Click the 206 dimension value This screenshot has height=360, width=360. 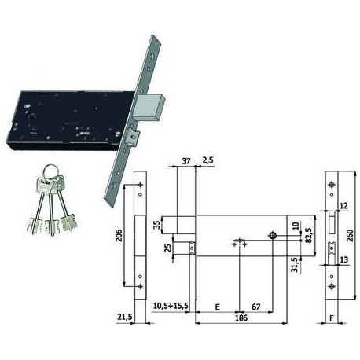tap(119, 235)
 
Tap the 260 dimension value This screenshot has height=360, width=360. tap(350, 236)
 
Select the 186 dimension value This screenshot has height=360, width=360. tap(241, 318)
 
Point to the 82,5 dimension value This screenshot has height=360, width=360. tap(308, 235)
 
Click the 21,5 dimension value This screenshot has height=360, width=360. tap(125, 318)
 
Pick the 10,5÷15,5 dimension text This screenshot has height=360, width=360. tap(171, 306)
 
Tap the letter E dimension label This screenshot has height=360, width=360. tap(217, 307)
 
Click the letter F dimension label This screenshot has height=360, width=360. tap(332, 318)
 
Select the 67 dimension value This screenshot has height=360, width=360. tap(256, 307)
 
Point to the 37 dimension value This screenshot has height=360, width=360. tap(186, 161)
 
